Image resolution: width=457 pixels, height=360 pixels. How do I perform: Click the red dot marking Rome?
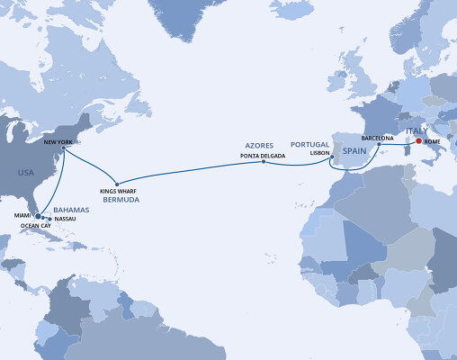coord(418,140)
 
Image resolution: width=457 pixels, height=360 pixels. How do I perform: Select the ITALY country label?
coord(418,130)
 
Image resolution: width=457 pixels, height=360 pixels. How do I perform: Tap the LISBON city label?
coord(321,154)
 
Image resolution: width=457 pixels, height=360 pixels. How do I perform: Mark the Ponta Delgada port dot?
coord(263,162)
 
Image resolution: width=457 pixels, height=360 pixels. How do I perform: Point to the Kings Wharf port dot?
coord(117,183)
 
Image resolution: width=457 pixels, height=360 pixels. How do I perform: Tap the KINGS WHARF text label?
coord(118,193)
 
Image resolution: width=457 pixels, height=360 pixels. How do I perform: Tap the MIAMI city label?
coord(24,214)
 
